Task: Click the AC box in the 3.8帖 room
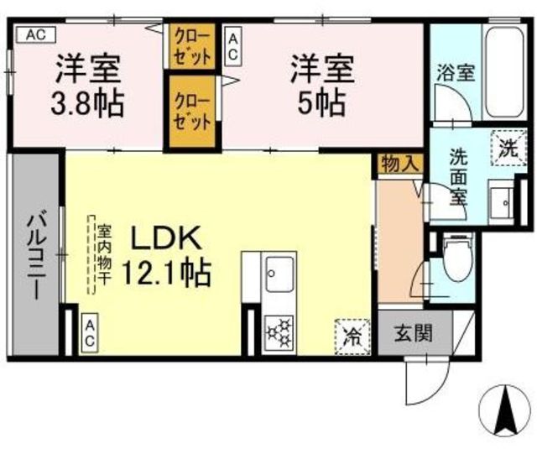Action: pyautogui.click(x=36, y=34)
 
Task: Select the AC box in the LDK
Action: pyautogui.click(x=90, y=332)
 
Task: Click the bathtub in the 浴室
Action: pyautogui.click(x=505, y=73)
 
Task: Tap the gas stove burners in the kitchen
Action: pyautogui.click(x=279, y=332)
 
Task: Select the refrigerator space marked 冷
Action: pyautogui.click(x=352, y=337)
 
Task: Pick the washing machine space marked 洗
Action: pyautogui.click(x=508, y=148)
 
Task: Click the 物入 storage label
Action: pyautogui.click(x=399, y=164)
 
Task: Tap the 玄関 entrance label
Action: pyautogui.click(x=414, y=333)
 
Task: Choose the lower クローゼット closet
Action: pyautogui.click(x=192, y=112)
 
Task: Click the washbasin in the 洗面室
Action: pyautogui.click(x=502, y=202)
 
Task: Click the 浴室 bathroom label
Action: pyautogui.click(x=455, y=73)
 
